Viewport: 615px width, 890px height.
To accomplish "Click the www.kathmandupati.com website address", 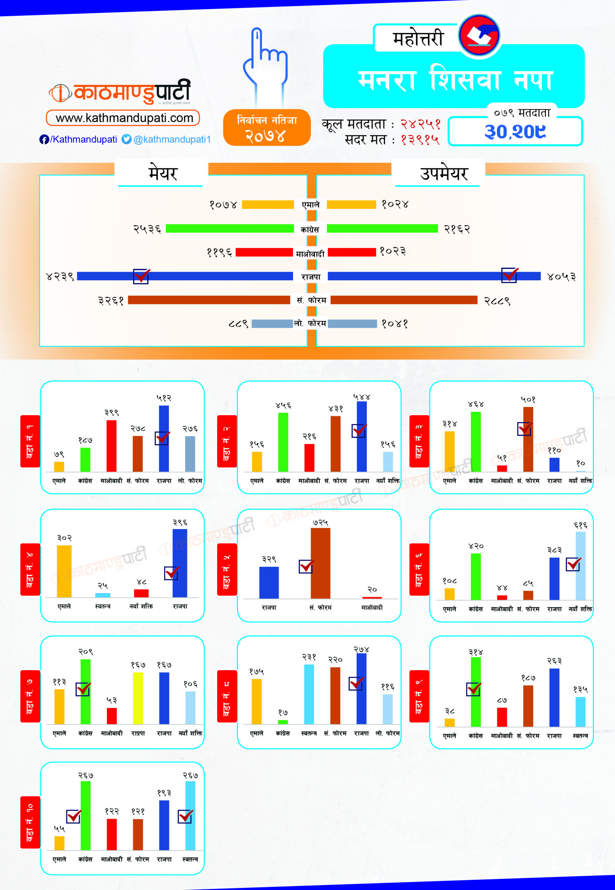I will coord(123,118).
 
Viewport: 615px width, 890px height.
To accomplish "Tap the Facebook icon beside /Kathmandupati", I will coord(44,139).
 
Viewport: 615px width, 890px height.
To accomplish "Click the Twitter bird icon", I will coord(127,139).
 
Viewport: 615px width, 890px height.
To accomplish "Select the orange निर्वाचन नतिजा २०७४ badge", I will coord(267,128).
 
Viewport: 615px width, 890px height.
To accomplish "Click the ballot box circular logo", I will coord(479,35).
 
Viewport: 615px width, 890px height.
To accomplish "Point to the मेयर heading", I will coord(163,174).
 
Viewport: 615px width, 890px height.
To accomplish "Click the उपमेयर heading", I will coord(444,174).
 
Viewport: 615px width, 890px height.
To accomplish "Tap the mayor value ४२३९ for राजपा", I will coord(60,277).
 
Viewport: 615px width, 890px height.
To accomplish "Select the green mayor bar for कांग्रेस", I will coord(230,229).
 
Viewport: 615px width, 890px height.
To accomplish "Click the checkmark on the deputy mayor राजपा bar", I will coord(509,275).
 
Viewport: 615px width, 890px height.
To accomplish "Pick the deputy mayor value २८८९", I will coord(497,300).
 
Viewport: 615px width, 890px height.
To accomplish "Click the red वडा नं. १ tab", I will coord(30,441).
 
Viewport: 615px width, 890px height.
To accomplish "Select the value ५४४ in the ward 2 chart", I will coord(362,396).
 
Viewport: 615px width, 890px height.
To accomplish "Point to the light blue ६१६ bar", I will coord(580,566).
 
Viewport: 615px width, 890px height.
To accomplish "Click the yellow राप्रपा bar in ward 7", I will coord(138,698).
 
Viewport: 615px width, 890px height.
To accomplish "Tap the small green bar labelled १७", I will coord(283,722).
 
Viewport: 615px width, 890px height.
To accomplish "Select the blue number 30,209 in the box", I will coord(515,132).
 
